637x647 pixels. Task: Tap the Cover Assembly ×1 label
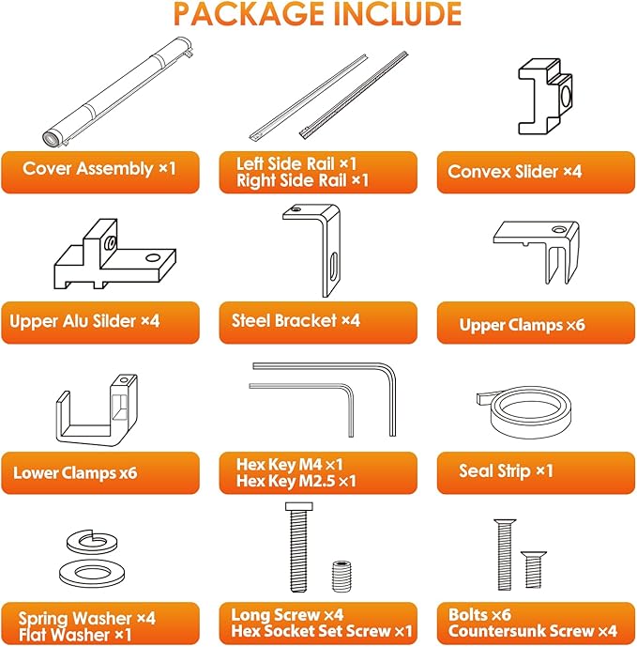click(x=99, y=168)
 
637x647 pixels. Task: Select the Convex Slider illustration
click(x=545, y=97)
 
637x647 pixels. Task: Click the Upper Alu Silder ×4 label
click(x=84, y=321)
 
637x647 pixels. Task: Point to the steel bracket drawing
click(x=312, y=251)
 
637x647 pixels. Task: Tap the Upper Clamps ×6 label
click(x=522, y=325)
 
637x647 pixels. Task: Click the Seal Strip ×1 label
click(x=506, y=470)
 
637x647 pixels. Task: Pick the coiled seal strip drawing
click(x=524, y=412)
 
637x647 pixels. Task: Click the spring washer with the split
click(x=92, y=542)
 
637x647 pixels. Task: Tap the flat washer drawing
click(x=92, y=574)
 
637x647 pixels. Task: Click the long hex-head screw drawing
click(x=298, y=547)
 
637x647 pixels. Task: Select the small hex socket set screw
click(x=341, y=576)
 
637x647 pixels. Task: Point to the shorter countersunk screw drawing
click(x=533, y=569)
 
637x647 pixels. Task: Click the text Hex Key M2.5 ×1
click(x=296, y=481)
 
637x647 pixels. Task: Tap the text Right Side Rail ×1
click(x=303, y=180)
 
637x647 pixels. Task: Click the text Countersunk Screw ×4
click(x=533, y=630)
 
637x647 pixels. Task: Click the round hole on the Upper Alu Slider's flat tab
click(x=153, y=258)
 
